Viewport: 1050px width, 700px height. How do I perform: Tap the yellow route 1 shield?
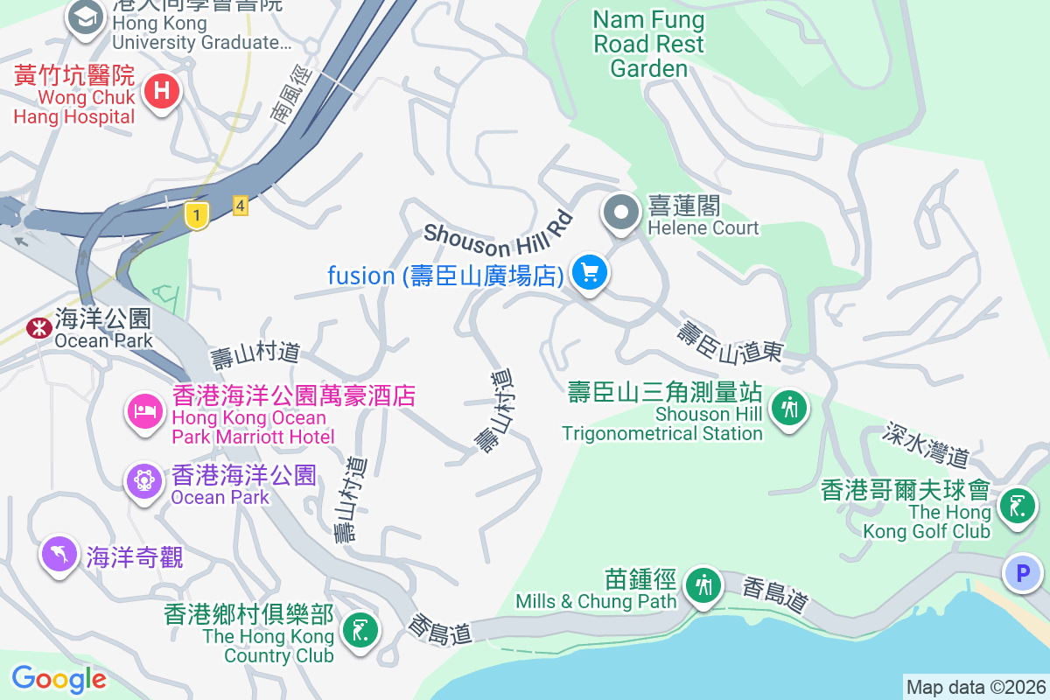198,214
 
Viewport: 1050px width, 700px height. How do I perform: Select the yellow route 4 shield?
241,206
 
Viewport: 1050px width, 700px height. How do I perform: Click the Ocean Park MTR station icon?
38,328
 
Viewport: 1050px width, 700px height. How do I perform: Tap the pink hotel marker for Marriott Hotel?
144,410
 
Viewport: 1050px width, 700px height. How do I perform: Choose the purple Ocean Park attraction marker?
144,479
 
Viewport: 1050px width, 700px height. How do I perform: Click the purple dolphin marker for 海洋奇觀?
59,553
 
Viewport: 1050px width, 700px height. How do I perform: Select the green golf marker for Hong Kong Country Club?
359,628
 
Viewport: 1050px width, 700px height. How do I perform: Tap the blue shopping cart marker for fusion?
590,273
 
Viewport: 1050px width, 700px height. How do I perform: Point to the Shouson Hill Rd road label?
497,235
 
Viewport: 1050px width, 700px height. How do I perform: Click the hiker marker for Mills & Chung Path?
703,584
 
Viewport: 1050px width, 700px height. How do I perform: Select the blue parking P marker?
1021,574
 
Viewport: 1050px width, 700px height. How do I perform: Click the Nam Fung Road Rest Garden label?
648,44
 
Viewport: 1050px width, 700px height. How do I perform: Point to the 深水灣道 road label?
927,444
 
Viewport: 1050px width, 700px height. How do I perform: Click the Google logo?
59,679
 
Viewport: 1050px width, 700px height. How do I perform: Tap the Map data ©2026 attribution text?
975,688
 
